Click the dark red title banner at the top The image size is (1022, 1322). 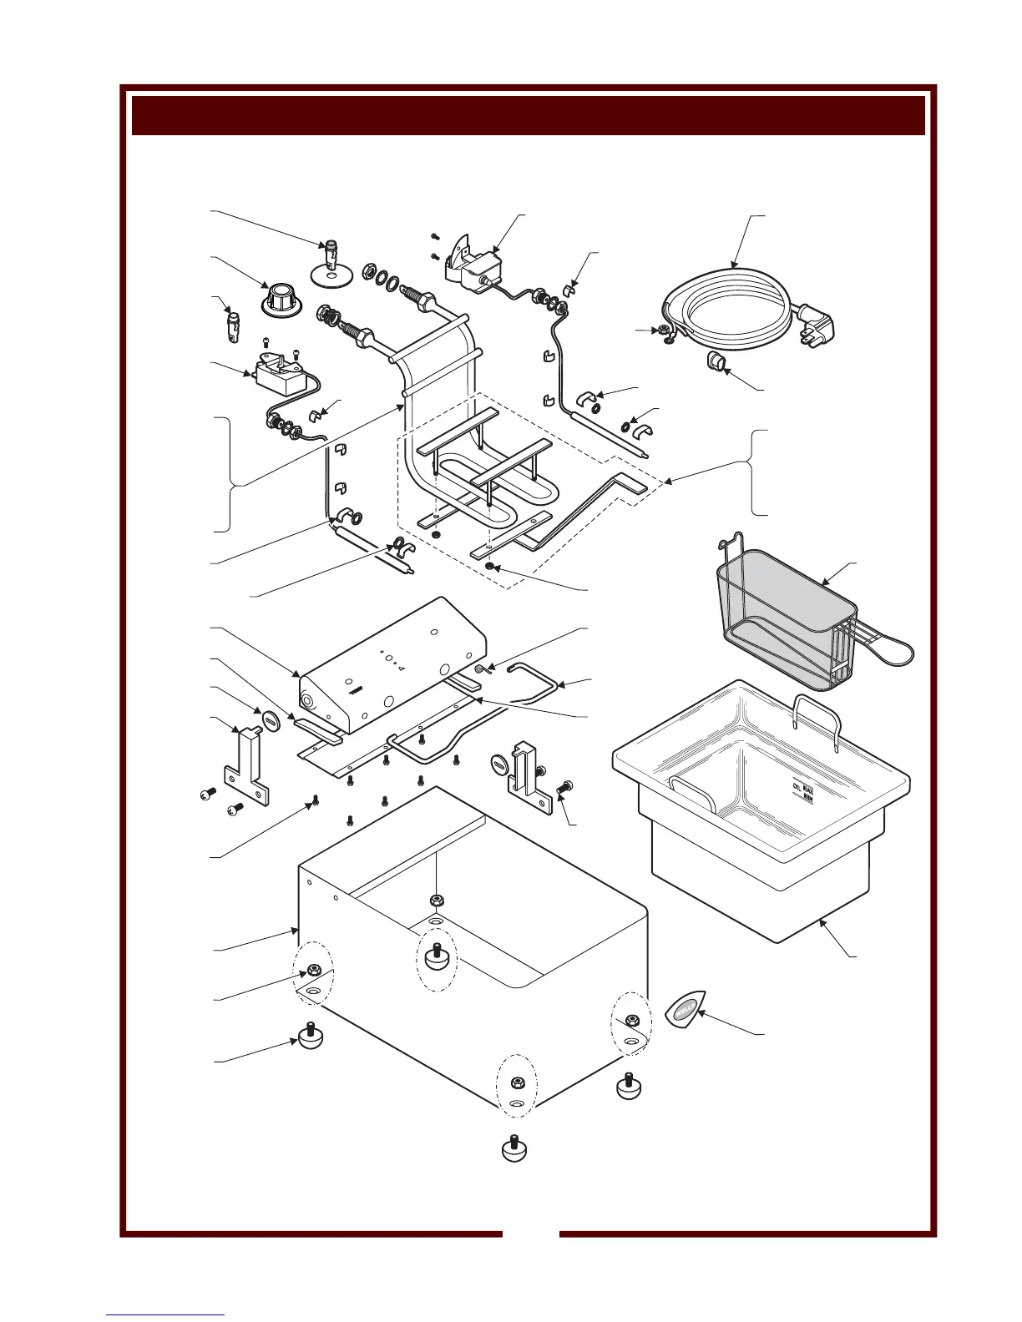tap(528, 114)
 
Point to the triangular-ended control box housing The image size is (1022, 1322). tap(392, 668)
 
